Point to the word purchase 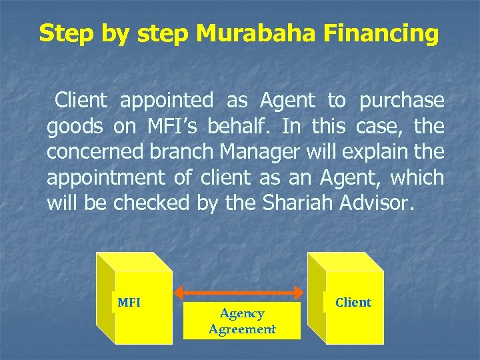pyautogui.click(x=401, y=101)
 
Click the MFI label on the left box pyautogui.click(x=129, y=303)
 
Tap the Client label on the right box pyautogui.click(x=353, y=303)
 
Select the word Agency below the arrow pyautogui.click(x=242, y=313)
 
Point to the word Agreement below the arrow pyautogui.click(x=242, y=329)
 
